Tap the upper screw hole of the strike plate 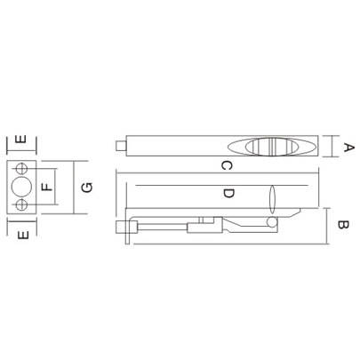(21, 168)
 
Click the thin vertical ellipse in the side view (274, 198)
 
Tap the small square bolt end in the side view (131, 236)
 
